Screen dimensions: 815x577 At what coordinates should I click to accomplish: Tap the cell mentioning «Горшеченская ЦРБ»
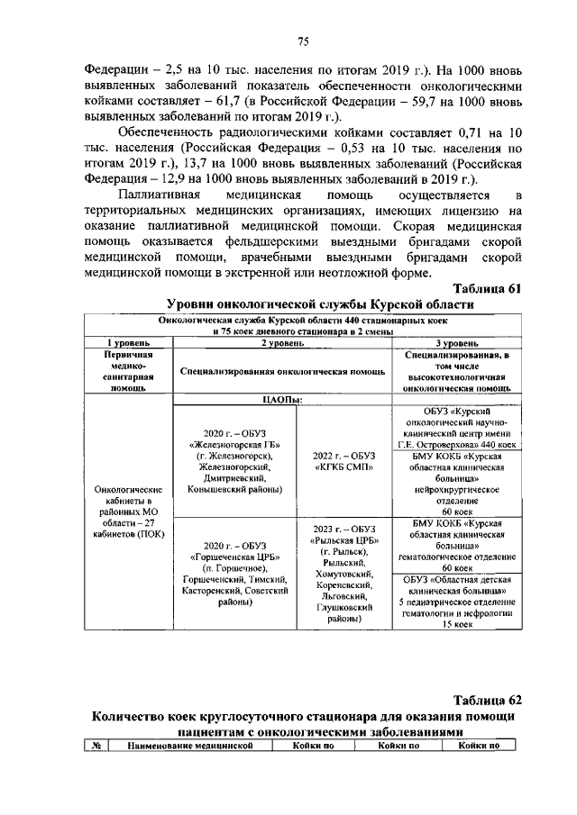point(231,576)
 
